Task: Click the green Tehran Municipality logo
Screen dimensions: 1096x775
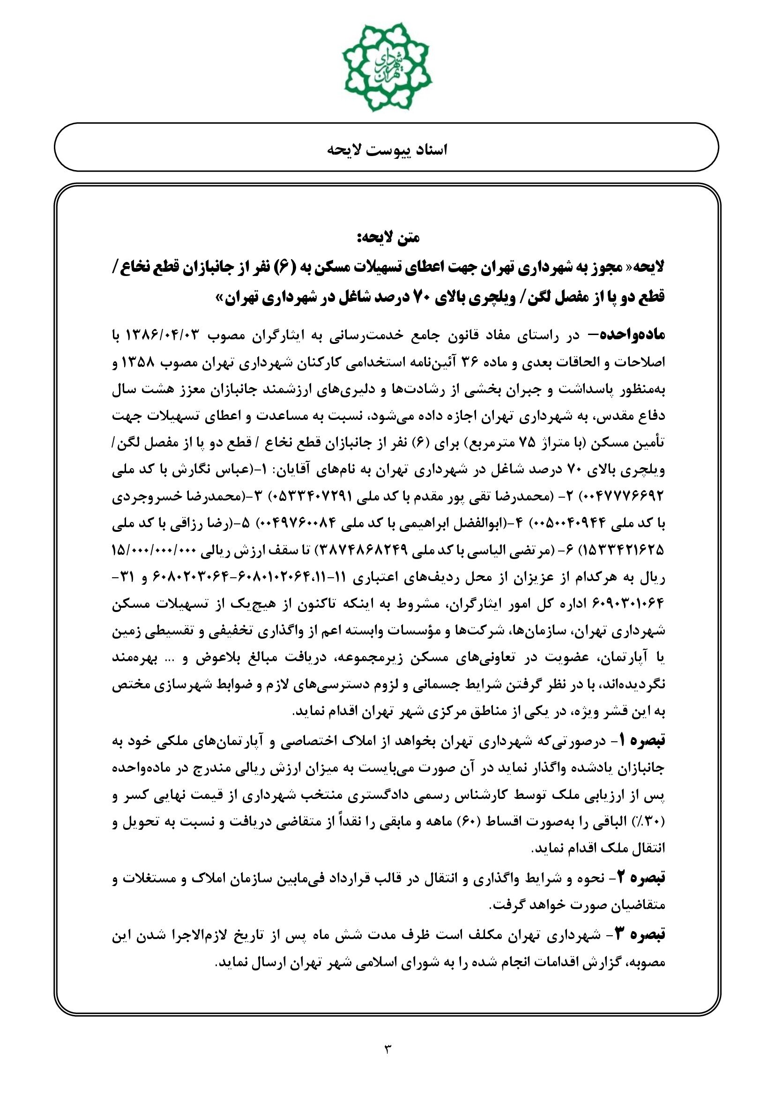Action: [387, 67]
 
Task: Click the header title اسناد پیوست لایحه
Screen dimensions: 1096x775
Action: [387, 150]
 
